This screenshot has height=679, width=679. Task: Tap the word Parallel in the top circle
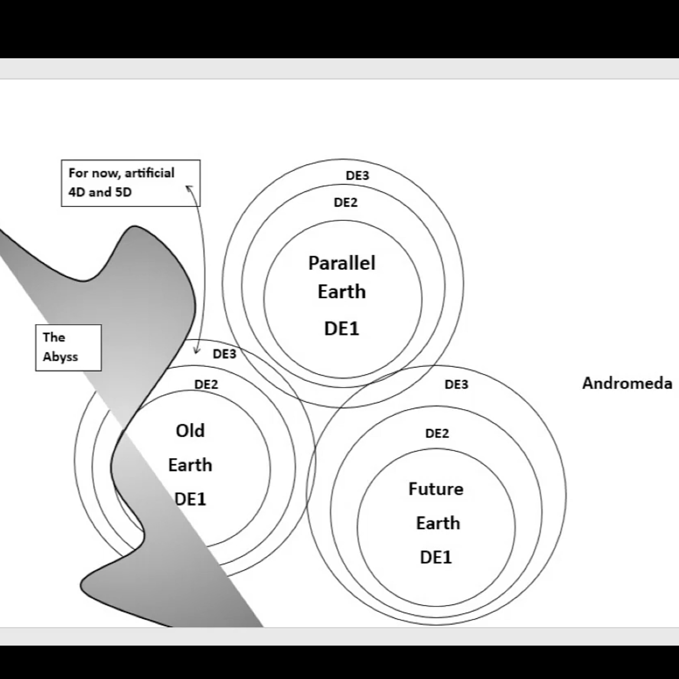[342, 263]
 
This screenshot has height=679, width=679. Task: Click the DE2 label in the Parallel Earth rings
[345, 202]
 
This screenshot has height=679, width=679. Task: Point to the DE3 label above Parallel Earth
[357, 175]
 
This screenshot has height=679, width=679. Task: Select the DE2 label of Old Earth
[206, 384]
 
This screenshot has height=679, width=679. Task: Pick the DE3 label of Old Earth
[225, 354]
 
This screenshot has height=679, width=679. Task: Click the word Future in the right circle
[436, 489]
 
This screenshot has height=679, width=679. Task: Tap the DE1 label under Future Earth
[436, 557]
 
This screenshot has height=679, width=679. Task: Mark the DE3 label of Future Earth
[457, 384]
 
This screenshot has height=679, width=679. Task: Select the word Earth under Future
[438, 523]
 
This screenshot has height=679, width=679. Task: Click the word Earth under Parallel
[342, 292]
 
